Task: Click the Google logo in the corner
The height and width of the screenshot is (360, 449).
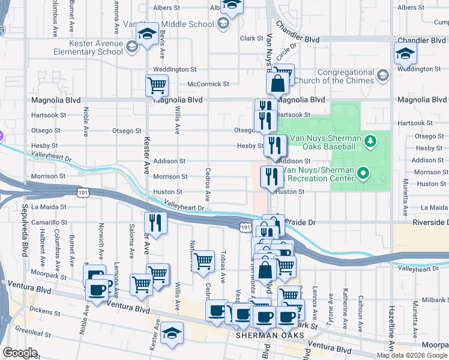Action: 20,353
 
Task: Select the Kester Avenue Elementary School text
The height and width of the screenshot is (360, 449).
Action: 89,47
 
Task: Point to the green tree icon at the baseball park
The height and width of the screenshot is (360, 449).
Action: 371,142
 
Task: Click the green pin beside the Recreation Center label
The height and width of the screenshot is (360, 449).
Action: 363,174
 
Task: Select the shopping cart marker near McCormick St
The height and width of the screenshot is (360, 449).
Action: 157,85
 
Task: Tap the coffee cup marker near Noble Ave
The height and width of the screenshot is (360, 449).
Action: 97,291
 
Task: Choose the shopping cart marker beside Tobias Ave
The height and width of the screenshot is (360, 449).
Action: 204,261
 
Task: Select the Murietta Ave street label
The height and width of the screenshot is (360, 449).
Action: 406,191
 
